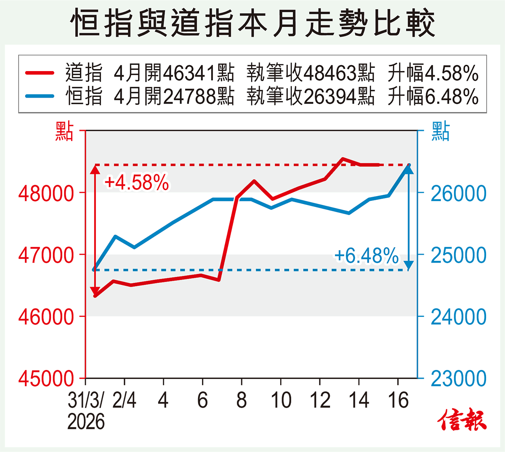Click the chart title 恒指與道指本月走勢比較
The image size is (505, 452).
point(252,23)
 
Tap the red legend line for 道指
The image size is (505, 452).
point(40,72)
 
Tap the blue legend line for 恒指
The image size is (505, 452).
point(40,96)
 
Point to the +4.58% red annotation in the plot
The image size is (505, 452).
point(136,183)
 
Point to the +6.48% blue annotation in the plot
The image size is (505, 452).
point(366,255)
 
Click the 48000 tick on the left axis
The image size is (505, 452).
point(46,193)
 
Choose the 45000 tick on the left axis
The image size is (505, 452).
point(46,378)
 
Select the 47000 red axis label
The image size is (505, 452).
point(46,255)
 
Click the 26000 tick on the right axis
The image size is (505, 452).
point(458,194)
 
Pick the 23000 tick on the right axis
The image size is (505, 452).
point(458,378)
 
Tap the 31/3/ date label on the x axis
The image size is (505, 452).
point(85,400)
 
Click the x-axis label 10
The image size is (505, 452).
point(281,400)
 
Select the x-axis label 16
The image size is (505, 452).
point(398,400)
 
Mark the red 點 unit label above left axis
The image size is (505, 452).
point(64,131)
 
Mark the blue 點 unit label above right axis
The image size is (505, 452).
point(440,131)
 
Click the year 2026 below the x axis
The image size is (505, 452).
point(86,421)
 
